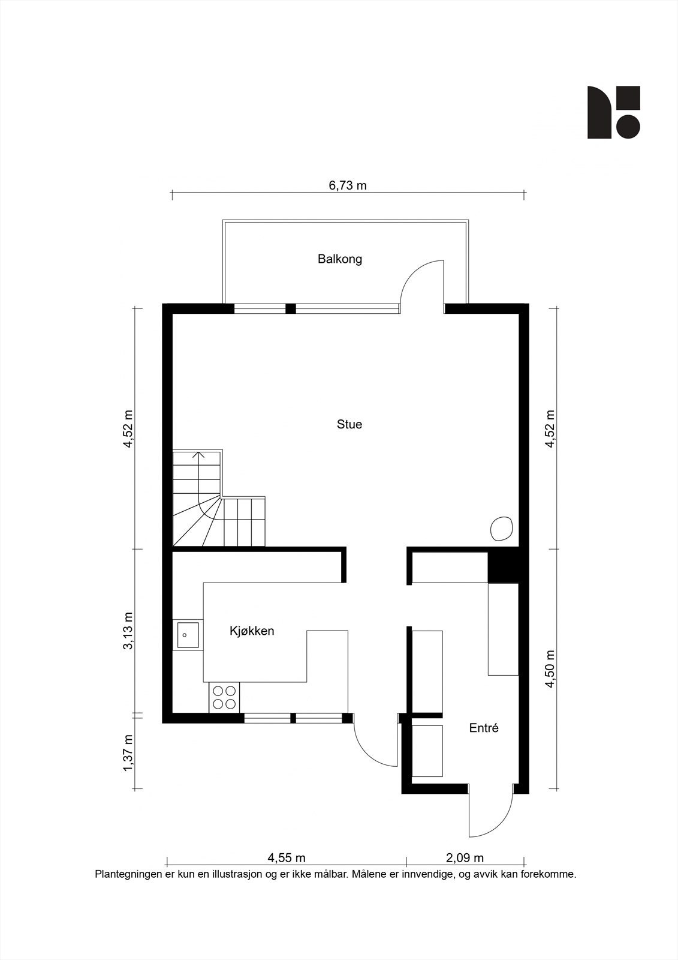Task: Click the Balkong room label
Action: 340,259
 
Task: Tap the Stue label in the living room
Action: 349,424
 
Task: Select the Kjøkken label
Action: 252,631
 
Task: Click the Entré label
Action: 483,728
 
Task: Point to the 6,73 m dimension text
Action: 347,185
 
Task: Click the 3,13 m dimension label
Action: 128,631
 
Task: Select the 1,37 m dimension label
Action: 128,754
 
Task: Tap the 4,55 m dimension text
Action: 286,859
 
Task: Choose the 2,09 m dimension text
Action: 465,859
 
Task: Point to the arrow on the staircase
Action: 199,455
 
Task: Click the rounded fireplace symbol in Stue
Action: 502,528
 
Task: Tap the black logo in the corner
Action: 613,112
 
